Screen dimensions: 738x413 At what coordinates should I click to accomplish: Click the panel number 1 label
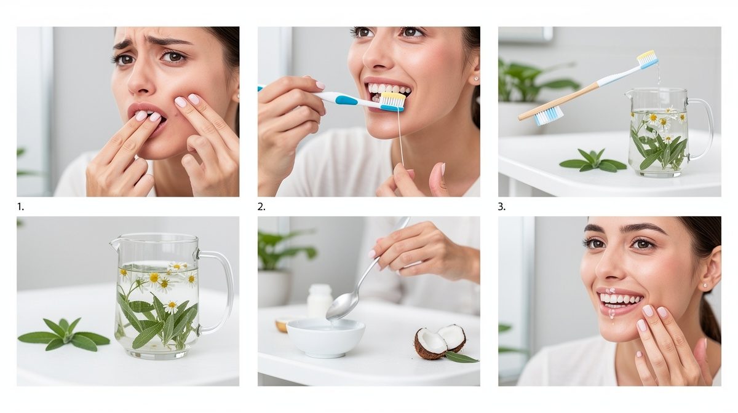coord(20,207)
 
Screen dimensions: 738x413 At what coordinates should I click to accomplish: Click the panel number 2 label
coord(261,207)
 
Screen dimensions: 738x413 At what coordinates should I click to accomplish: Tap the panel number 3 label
coord(501,207)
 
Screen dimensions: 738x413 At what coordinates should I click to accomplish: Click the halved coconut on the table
coord(440,342)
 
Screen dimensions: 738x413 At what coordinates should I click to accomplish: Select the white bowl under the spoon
coord(325,338)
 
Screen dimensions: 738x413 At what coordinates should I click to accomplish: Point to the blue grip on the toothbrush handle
coord(346,100)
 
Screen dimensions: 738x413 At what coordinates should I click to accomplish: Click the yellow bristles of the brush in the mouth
coord(393,97)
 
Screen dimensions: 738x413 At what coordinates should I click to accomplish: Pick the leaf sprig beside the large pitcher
coord(64,334)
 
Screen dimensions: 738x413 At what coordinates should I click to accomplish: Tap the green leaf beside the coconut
coord(462,357)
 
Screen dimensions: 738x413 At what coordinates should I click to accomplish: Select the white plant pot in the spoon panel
coord(274,288)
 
